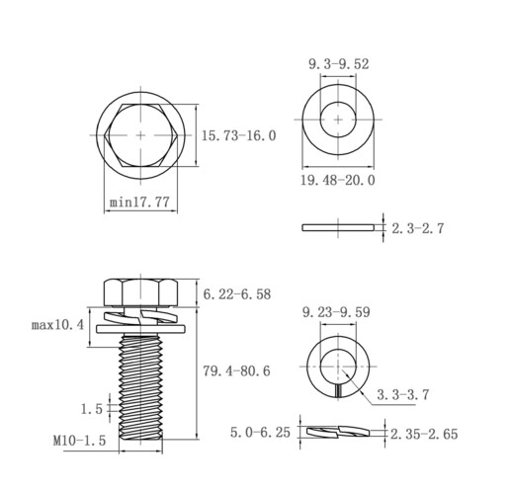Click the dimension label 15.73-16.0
click(x=238, y=135)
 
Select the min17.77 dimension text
click(x=139, y=202)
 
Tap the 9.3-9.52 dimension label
click(x=339, y=64)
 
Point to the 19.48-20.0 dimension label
click(x=338, y=180)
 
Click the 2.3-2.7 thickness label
click(x=418, y=228)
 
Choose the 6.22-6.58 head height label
click(x=237, y=294)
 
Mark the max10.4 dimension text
click(x=57, y=325)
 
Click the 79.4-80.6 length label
click(x=236, y=371)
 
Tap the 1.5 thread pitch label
click(x=92, y=409)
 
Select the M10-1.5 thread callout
click(x=79, y=441)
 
